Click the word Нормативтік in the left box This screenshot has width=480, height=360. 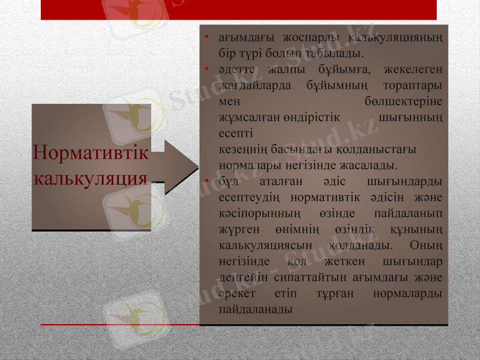click(91, 152)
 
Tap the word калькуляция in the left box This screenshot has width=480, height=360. click(91, 178)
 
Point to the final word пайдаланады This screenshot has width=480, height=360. click(256, 310)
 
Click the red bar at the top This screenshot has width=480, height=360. click(239, 10)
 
